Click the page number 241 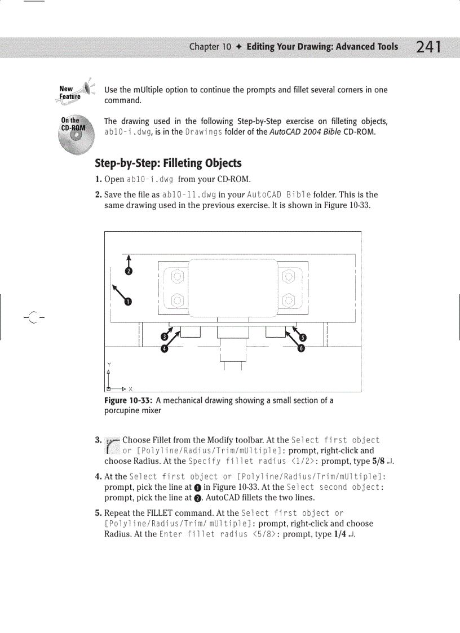(428, 48)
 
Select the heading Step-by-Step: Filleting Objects (168, 163)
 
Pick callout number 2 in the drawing (129, 272)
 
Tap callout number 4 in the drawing (165, 348)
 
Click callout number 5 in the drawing (302, 338)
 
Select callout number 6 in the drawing (301, 348)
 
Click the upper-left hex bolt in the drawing (176, 277)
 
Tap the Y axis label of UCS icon (108, 364)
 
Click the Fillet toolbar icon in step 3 (112, 445)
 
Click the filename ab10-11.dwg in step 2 (185, 195)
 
